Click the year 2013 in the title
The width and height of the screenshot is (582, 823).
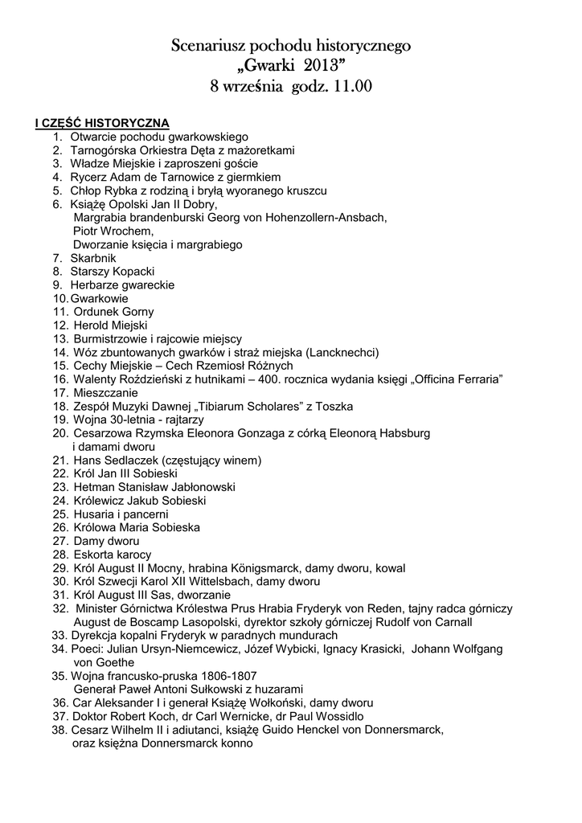pyautogui.click(x=324, y=65)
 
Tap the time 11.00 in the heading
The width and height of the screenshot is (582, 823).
pyautogui.click(x=351, y=86)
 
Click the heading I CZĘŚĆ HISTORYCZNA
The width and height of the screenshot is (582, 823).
pyautogui.click(x=101, y=123)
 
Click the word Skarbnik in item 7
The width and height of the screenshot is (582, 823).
pyautogui.click(x=93, y=258)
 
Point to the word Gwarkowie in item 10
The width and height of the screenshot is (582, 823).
pyautogui.click(x=100, y=298)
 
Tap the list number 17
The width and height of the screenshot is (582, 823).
pyautogui.click(x=60, y=393)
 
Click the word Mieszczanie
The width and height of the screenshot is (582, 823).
pyautogui.click(x=105, y=393)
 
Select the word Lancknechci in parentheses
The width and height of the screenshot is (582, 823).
pyautogui.click(x=342, y=352)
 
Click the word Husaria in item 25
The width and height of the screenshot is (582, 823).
pyautogui.click(x=92, y=514)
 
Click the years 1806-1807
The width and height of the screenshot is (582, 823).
pyautogui.click(x=219, y=676)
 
